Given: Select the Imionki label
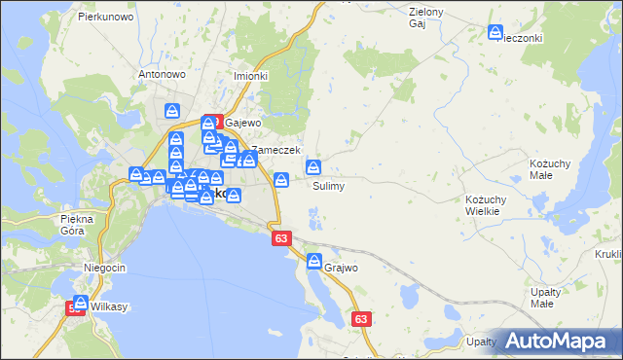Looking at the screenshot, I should (x=250, y=75).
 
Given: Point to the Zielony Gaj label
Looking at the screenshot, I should (x=426, y=17).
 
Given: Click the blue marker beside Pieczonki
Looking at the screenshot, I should (x=496, y=34).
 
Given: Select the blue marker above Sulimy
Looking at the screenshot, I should (x=313, y=167).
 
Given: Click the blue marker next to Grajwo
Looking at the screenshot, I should (x=314, y=261).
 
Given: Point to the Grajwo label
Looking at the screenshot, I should (x=342, y=267).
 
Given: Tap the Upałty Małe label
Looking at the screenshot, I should (x=559, y=298).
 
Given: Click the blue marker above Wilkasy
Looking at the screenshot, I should (x=81, y=303).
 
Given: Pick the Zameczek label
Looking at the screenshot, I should (x=270, y=151).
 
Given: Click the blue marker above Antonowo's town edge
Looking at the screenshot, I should (x=172, y=111).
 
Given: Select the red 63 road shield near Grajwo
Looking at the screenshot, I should (x=362, y=318).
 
